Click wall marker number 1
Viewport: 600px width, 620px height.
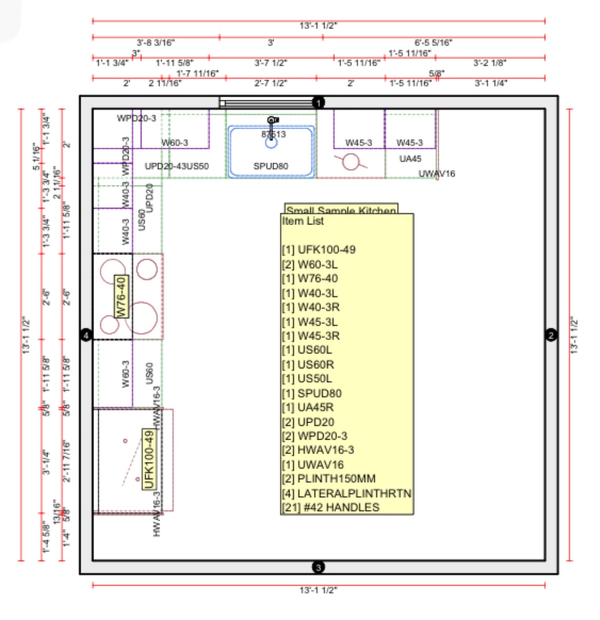[318, 103]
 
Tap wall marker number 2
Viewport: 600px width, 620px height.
[551, 335]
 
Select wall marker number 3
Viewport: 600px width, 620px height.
[318, 567]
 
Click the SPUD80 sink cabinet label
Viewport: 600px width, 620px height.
[271, 166]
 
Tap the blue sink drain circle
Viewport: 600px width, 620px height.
[271, 143]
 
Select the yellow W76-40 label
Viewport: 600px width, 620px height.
[122, 296]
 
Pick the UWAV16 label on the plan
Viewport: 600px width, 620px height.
[437, 174]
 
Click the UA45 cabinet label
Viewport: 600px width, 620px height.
[410, 159]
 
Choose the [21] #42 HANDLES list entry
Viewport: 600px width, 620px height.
[330, 507]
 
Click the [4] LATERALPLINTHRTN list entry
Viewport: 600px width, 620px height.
[347, 493]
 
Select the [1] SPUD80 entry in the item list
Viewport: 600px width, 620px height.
[312, 393]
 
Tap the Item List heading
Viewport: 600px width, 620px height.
[303, 221]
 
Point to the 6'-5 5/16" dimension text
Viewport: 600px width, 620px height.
[433, 42]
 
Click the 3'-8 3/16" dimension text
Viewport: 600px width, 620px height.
[156, 42]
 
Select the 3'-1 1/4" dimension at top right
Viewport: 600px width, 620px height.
[491, 83]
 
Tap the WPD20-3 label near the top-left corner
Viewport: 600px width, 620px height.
[136, 118]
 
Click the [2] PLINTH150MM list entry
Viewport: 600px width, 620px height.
[328, 479]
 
